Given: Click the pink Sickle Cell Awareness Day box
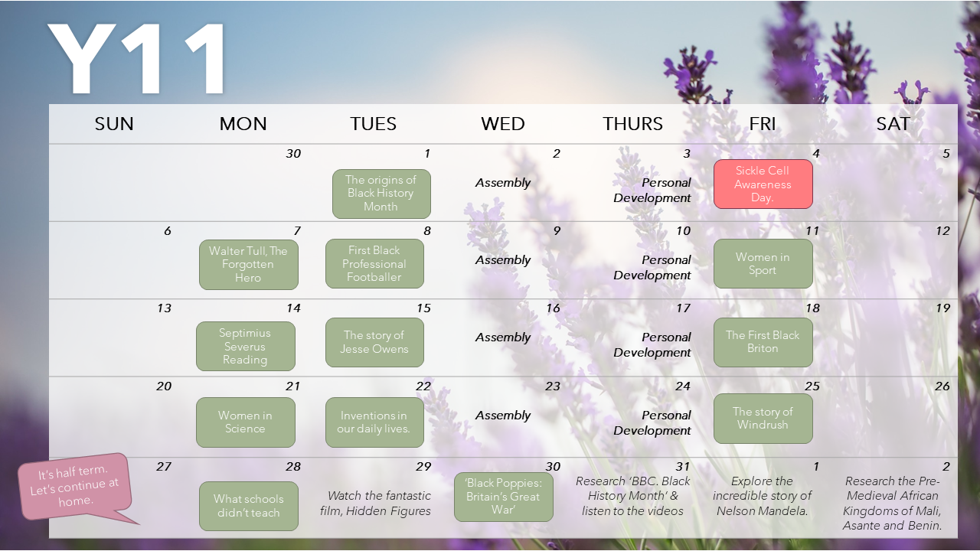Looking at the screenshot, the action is tap(763, 184).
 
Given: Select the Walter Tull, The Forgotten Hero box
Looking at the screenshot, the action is tap(249, 265).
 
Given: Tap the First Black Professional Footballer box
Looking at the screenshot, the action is tap(374, 264).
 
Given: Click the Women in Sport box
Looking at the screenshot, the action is tap(763, 264).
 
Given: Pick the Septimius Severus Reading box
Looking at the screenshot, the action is tap(246, 347).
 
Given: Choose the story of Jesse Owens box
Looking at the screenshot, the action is tap(374, 342).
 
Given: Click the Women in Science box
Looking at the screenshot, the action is tap(246, 422).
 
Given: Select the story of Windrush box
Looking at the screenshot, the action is tap(763, 419).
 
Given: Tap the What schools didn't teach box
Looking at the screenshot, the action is tap(249, 506).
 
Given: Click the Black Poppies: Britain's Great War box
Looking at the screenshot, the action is tap(504, 497).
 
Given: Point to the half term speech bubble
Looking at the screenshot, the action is tap(75, 487).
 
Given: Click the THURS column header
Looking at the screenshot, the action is tap(632, 124).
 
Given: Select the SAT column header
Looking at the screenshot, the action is tap(893, 124).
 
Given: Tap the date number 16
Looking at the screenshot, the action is tap(553, 308).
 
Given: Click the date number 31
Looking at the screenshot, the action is tap(683, 467).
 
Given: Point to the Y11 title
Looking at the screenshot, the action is tap(136, 58).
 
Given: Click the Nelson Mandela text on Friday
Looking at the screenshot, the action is tap(762, 496).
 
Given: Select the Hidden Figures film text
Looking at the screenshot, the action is tap(375, 504).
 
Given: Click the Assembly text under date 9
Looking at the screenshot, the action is tap(503, 260).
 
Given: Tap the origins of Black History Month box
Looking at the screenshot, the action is tap(381, 194).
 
